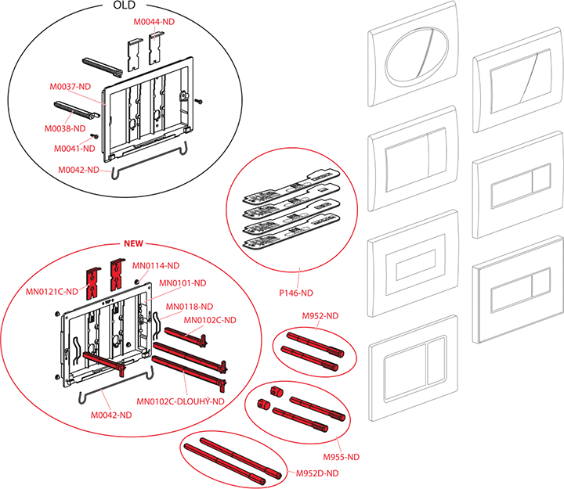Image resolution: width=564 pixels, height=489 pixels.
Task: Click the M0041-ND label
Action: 75,148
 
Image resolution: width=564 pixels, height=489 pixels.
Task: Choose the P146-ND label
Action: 297,293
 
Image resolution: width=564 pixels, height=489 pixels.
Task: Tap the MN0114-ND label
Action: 156,265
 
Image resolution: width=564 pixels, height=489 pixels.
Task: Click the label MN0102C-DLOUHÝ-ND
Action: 180,401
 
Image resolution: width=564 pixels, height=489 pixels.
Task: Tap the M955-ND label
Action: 341,456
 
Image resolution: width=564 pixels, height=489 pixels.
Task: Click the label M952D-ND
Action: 316,473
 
